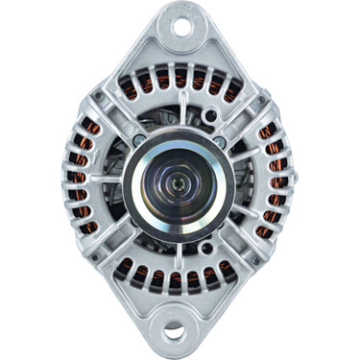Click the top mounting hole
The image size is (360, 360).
[x=180, y=26]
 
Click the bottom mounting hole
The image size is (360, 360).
[x=174, y=332]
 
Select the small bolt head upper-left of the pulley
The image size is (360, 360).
[x=141, y=140]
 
